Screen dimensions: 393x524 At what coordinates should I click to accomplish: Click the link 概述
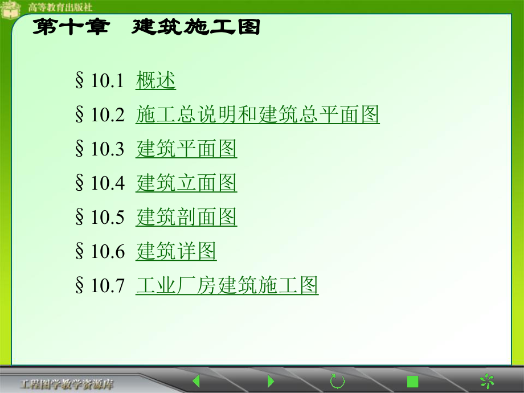155,81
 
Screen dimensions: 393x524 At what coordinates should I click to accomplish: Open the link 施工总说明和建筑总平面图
257,115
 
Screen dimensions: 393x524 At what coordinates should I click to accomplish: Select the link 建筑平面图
186,149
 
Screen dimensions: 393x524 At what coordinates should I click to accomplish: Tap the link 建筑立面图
186,183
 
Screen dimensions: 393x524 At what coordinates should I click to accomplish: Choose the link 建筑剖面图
186,217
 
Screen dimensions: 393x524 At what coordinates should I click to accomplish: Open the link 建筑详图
176,251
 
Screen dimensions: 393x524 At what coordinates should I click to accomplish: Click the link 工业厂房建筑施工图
227,285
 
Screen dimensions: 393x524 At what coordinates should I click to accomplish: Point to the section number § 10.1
99,81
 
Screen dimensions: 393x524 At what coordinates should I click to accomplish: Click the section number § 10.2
99,116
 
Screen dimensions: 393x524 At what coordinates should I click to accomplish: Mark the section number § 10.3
99,150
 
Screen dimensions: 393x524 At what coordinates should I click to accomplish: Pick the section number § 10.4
99,184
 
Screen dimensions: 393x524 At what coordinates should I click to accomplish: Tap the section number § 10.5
99,218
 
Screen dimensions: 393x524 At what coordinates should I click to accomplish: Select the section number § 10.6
99,252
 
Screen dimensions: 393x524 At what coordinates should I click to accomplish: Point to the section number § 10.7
99,286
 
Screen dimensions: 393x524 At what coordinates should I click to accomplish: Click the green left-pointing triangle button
195,380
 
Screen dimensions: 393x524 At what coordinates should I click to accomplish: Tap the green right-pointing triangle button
271,380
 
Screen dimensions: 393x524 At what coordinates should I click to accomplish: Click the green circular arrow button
338,380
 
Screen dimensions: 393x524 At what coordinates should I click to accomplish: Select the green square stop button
413,381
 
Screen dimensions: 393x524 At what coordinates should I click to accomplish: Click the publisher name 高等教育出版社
60,7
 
